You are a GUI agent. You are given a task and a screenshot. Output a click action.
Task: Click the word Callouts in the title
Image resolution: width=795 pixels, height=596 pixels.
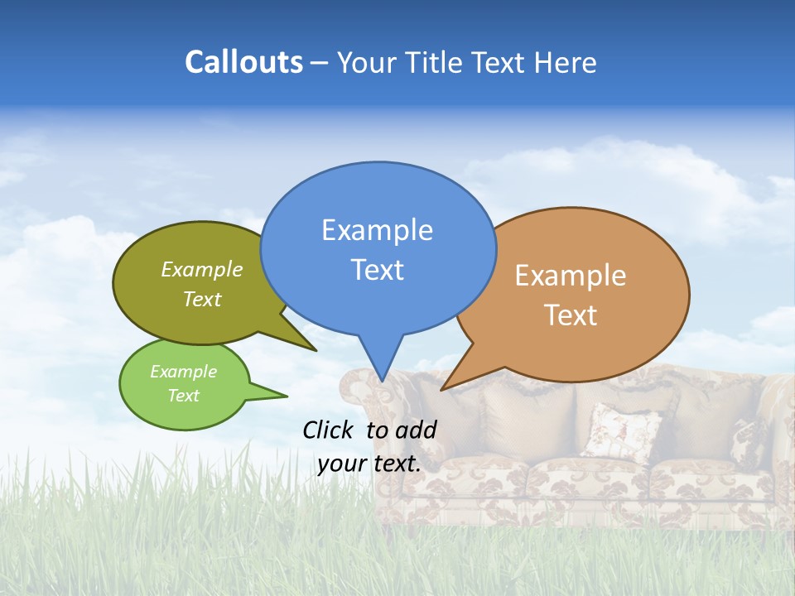click(243, 62)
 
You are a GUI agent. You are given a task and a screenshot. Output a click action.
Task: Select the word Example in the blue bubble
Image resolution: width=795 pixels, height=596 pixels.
click(377, 230)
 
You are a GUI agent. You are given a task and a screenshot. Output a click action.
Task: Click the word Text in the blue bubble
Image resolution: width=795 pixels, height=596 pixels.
click(377, 270)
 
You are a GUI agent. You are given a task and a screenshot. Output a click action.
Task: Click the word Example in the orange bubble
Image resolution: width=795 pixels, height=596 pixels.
click(571, 276)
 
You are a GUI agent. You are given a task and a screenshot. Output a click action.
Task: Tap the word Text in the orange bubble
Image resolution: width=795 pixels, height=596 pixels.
click(571, 315)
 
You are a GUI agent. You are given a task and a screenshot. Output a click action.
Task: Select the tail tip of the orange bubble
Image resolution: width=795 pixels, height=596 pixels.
click(442, 389)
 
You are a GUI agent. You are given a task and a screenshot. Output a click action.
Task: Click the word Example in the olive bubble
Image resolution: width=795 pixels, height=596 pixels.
click(202, 270)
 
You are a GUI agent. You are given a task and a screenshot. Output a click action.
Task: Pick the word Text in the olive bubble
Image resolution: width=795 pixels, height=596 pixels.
click(202, 300)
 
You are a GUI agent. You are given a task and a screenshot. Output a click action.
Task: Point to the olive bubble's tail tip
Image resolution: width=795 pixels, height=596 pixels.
click(316, 351)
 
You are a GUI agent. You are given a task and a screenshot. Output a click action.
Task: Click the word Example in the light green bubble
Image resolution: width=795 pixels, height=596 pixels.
click(183, 372)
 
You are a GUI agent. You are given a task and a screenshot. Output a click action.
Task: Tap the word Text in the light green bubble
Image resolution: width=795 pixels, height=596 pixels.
click(183, 396)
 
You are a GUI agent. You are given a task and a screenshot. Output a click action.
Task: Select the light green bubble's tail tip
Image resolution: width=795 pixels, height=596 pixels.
click(287, 396)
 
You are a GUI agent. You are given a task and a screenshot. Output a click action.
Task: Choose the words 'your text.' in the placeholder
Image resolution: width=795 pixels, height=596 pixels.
click(369, 464)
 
